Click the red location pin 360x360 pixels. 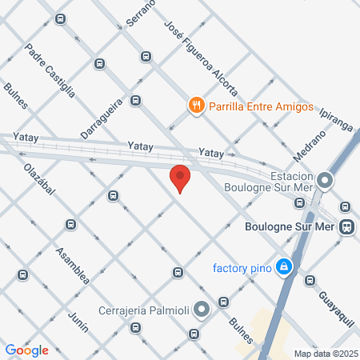(x=180, y=178)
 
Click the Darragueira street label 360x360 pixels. (x=101, y=118)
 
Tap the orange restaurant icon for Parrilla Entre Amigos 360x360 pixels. (x=195, y=105)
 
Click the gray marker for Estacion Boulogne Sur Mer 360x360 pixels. (x=325, y=180)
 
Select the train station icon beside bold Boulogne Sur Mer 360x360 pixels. (x=347, y=226)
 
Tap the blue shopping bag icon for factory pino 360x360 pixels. (x=283, y=266)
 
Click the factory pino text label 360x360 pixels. (x=242, y=266)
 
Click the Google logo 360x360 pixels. (x=27, y=350)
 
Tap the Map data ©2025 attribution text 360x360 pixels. (x=326, y=354)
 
